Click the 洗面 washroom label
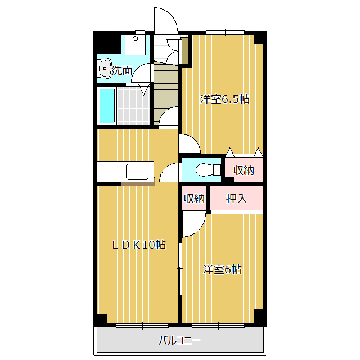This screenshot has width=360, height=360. tap(121, 70)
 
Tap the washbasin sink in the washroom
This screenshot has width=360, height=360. tap(105, 68)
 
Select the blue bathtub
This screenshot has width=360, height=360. tap(107, 106)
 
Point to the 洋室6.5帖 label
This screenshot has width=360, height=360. tap(225, 99)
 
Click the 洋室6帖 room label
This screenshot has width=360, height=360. tap(222, 269)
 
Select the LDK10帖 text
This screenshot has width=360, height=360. tap(139, 245)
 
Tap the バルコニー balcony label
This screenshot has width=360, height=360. tap(179, 340)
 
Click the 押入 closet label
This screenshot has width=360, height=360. tap(237, 199)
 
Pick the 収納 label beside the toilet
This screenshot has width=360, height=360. tap(244, 170)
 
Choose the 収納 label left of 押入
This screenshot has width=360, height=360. tap(194, 198)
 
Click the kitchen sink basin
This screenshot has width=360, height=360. tap(137, 172)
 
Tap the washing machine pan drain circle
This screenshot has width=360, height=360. tap(135, 39)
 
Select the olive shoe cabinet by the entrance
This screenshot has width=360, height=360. tap(184, 51)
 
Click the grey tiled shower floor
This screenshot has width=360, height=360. tap(133, 106)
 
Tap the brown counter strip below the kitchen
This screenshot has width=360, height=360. tap(138, 183)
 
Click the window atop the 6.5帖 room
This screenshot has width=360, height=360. tap(225, 33)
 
